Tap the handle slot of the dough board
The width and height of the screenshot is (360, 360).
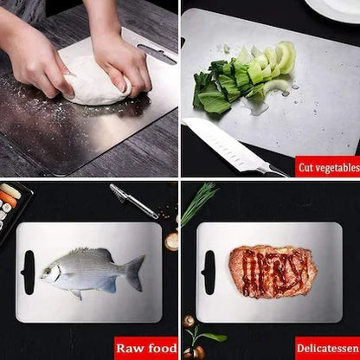click(156, 55)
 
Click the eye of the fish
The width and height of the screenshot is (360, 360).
click(54, 271)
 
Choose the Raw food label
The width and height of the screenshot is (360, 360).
click(147, 348)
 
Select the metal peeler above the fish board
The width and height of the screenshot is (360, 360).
click(134, 202)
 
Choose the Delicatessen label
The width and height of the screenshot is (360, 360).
click(327, 348)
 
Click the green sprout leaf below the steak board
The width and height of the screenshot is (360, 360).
click(208, 337)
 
